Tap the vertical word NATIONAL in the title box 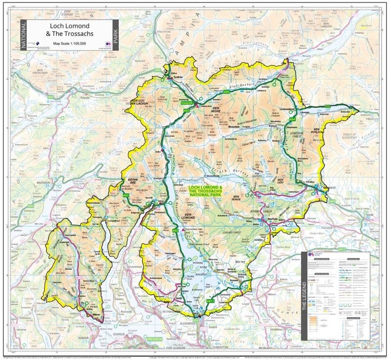coord(22,35)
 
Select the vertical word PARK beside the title coord(115,35)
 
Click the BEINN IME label coord(134,182)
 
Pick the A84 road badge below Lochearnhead coord(292,119)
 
